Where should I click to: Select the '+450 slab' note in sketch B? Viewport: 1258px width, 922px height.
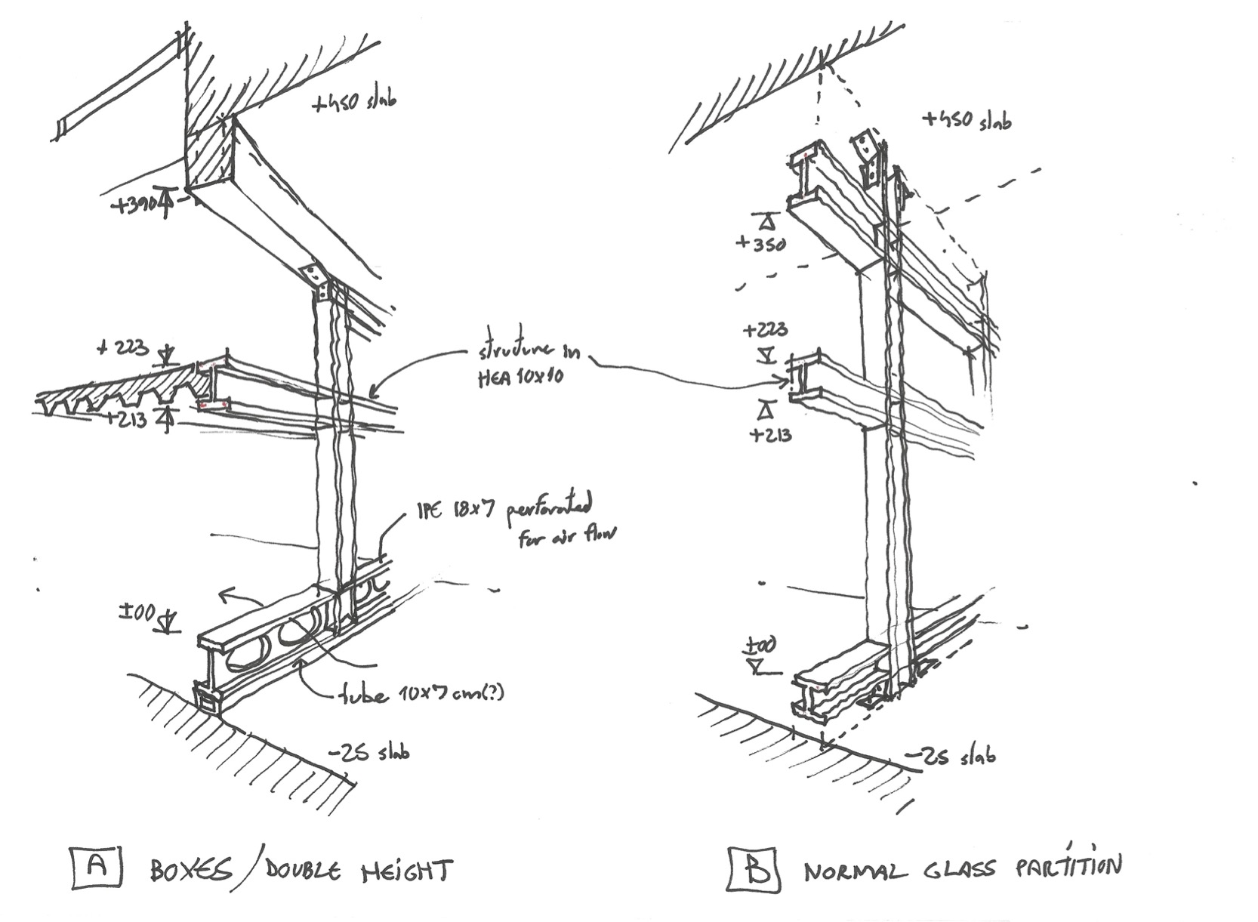[x=966, y=120]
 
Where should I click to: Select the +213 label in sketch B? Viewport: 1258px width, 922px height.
[x=769, y=435]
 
